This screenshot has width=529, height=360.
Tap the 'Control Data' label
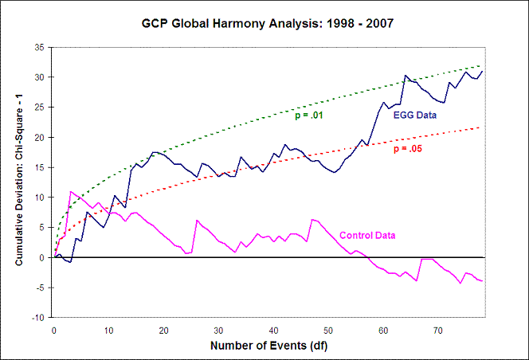(x=367, y=235)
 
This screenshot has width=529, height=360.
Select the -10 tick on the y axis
(x=36, y=318)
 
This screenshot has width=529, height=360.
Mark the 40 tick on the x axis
(x=273, y=329)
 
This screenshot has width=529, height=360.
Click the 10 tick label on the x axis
(x=108, y=329)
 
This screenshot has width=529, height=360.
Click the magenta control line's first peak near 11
(x=71, y=191)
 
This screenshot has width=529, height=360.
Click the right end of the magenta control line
(x=482, y=281)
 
